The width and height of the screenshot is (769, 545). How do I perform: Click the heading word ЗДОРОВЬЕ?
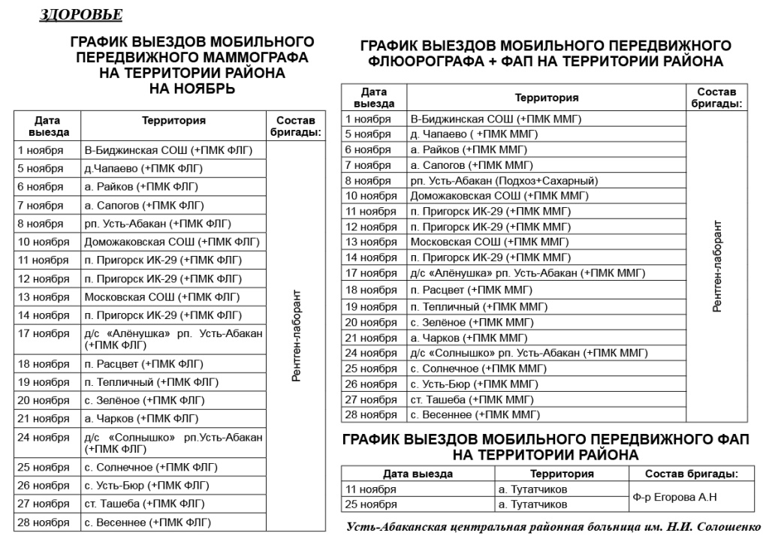click(80, 16)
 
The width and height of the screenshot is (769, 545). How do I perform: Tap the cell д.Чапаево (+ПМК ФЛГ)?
click(143, 168)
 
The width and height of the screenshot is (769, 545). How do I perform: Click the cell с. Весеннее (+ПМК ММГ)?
click(475, 414)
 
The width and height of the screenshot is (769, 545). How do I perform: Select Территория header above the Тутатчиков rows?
click(562, 474)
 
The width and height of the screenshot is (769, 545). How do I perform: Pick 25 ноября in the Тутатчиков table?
click(370, 504)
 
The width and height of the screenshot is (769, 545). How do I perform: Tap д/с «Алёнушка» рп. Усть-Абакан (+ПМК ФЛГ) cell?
click(173, 339)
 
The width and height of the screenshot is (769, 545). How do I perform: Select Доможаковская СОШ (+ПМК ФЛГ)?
click(171, 242)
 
